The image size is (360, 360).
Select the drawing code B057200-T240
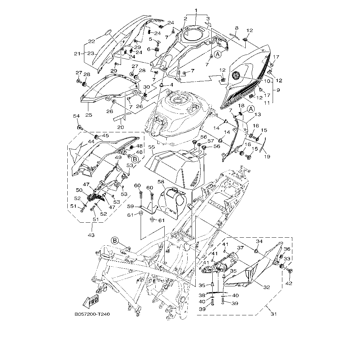pos(92,314)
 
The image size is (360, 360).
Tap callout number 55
pos(152,147)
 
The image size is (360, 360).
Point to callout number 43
pos(91,235)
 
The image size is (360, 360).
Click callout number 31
pos(274,314)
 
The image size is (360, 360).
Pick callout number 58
pos(161,182)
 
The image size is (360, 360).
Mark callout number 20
pos(120,127)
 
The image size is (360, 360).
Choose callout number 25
pos(88,115)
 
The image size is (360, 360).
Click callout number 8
pos(236,28)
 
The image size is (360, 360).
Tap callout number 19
pos(267,156)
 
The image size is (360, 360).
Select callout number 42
pos(289,283)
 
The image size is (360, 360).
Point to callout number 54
pos(76,116)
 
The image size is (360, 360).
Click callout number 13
pos(257,114)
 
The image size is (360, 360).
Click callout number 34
pos(259,241)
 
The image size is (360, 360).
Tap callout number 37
pos(241,248)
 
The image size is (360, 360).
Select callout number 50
pos(79,190)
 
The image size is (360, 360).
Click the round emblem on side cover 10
pos(236,76)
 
